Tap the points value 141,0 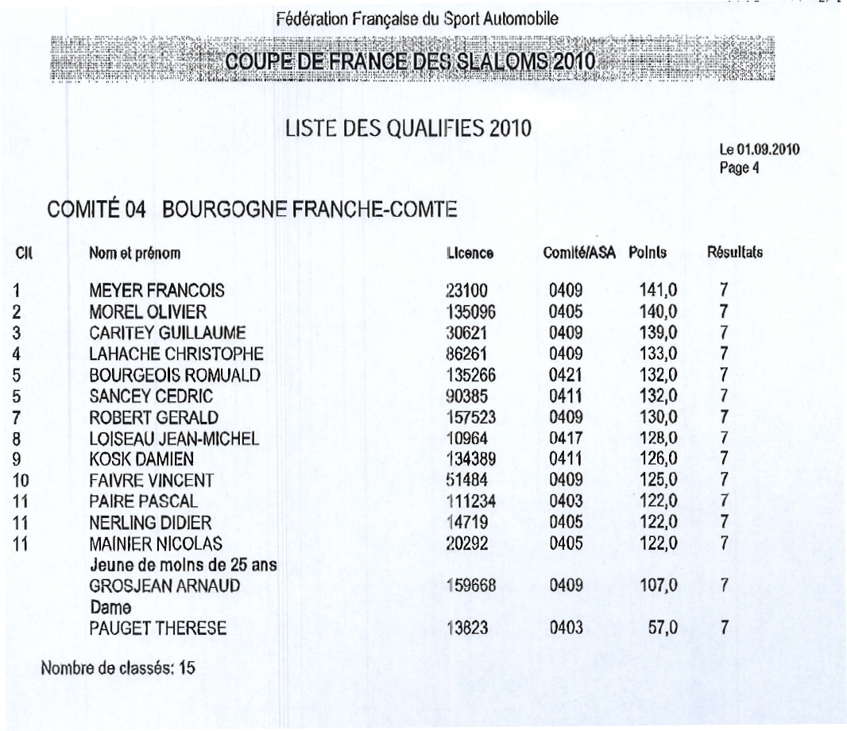coord(657,292)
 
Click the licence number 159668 coord(472,586)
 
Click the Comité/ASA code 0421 coord(567,374)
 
